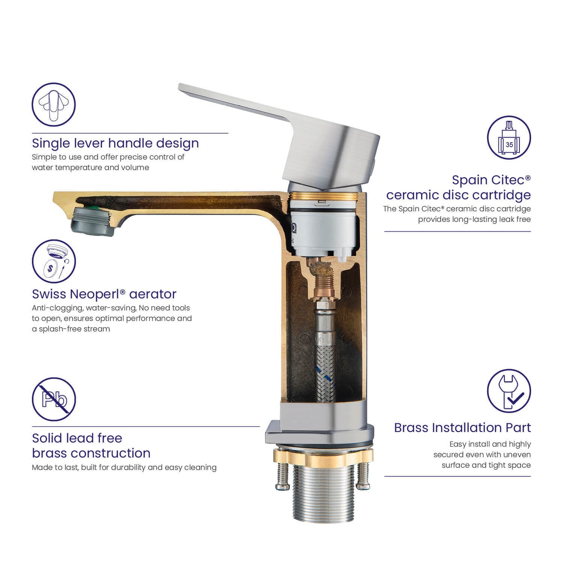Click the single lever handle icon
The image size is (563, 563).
53,104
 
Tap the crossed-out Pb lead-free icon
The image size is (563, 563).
54,399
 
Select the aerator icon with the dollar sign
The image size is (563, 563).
54,261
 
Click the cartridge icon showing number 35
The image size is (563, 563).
509,137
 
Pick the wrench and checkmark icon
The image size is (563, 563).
509,391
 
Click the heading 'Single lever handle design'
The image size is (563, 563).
115,143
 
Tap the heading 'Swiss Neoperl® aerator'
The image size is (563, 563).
104,294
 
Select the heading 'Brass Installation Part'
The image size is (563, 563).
462,428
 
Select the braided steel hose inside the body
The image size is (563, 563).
325,372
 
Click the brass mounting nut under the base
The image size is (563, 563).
323,457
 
